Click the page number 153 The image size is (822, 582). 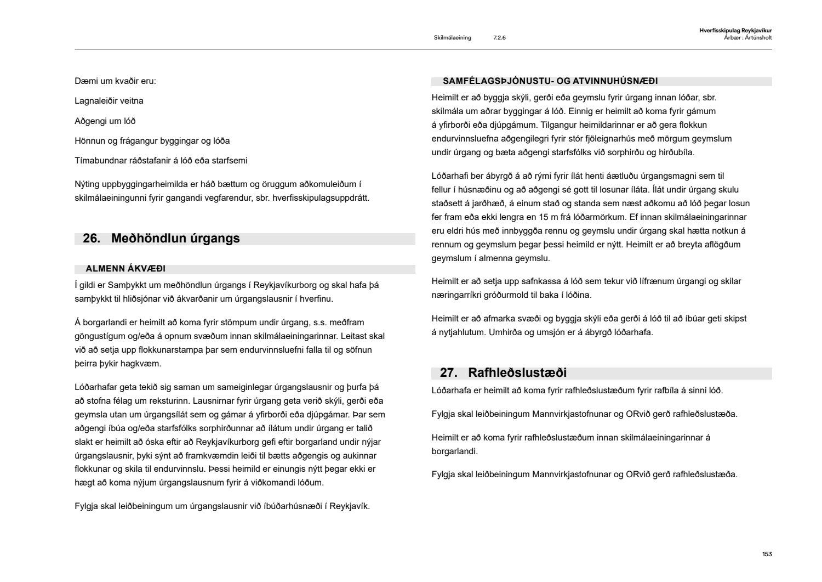(x=767, y=554)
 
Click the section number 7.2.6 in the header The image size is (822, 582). (x=499, y=38)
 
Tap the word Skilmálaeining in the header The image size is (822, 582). (x=452, y=38)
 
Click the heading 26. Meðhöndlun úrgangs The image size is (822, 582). (x=161, y=239)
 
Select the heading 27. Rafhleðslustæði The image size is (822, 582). (x=503, y=373)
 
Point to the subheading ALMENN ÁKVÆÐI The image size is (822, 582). (x=125, y=269)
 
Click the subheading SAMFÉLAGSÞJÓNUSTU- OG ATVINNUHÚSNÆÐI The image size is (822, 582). (x=550, y=81)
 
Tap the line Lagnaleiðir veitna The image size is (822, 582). (x=109, y=101)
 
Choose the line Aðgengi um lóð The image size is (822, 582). (x=105, y=121)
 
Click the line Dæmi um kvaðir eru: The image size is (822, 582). (x=115, y=81)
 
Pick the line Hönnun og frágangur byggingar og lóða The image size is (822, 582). (x=152, y=141)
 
